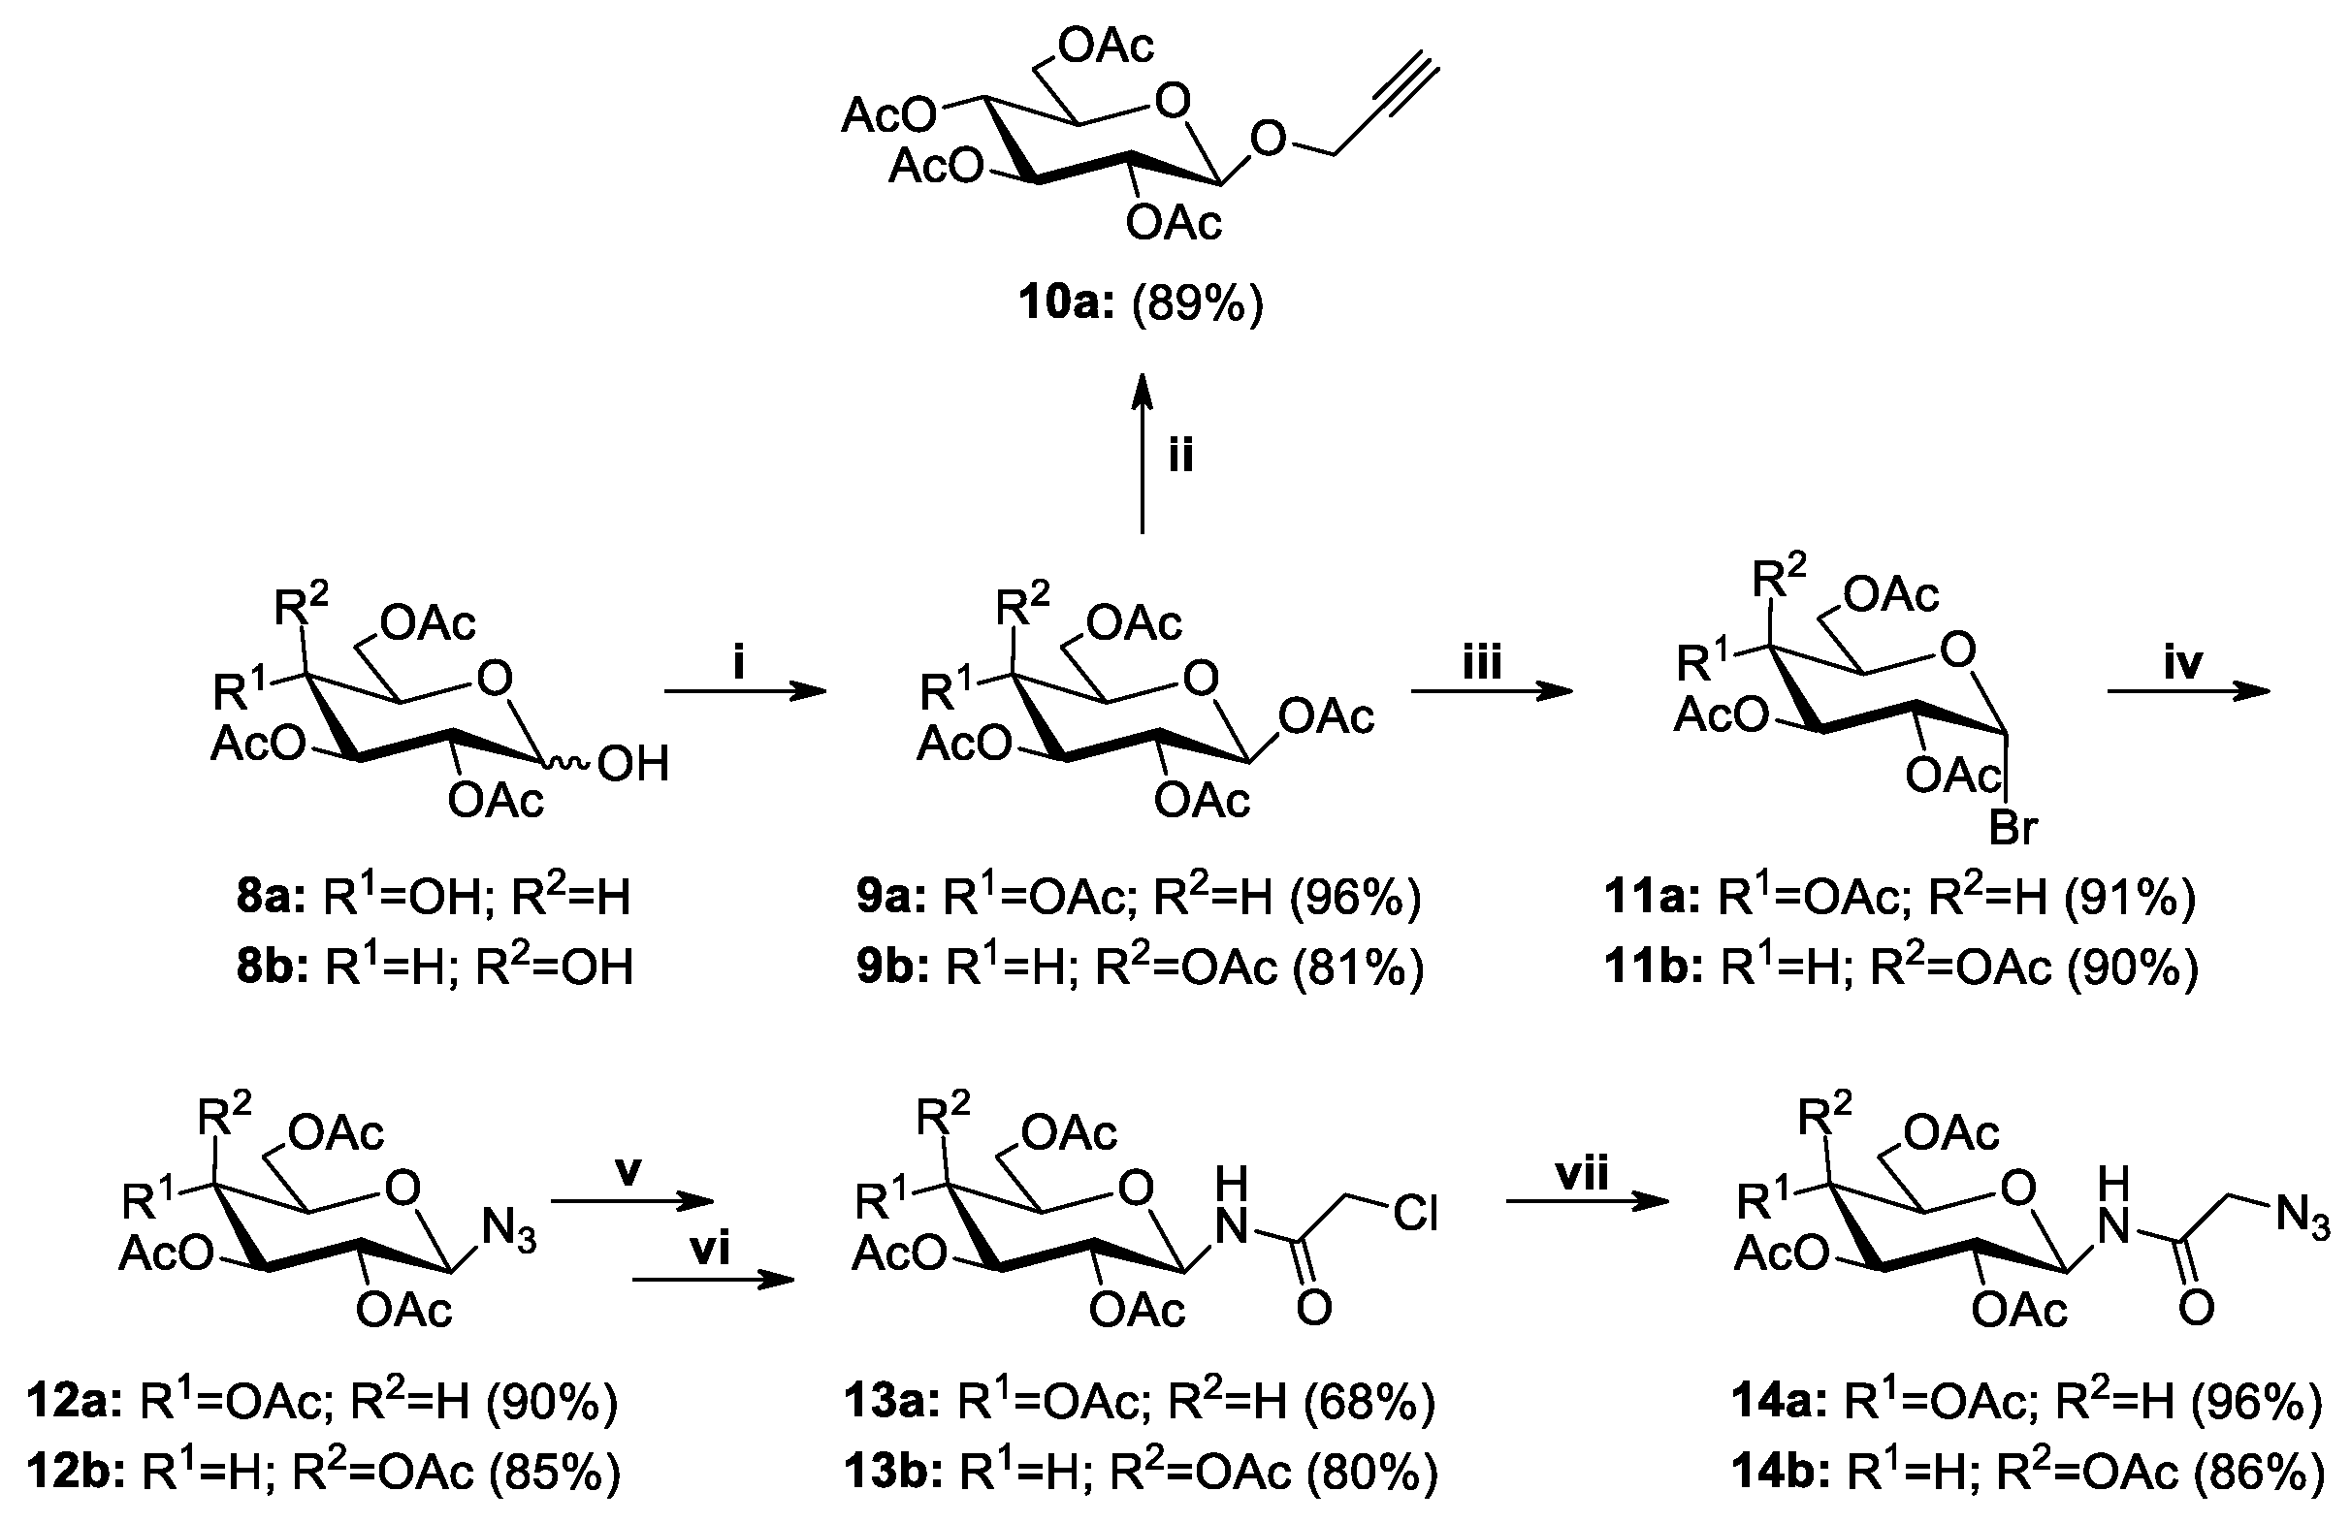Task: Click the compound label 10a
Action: tap(1066, 304)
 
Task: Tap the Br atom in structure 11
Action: tap(2013, 828)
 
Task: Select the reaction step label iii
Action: tap(1482, 662)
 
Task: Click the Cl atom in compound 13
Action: tap(1415, 1213)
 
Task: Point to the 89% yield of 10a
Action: tap(1197, 304)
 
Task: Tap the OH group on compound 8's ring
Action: tap(633, 764)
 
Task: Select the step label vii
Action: tap(1582, 1173)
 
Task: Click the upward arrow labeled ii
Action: tap(1143, 455)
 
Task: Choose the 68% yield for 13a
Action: tap(1369, 1401)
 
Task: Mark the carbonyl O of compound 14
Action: tap(2196, 1310)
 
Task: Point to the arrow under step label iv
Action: tap(2189, 692)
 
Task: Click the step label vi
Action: tap(710, 1250)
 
